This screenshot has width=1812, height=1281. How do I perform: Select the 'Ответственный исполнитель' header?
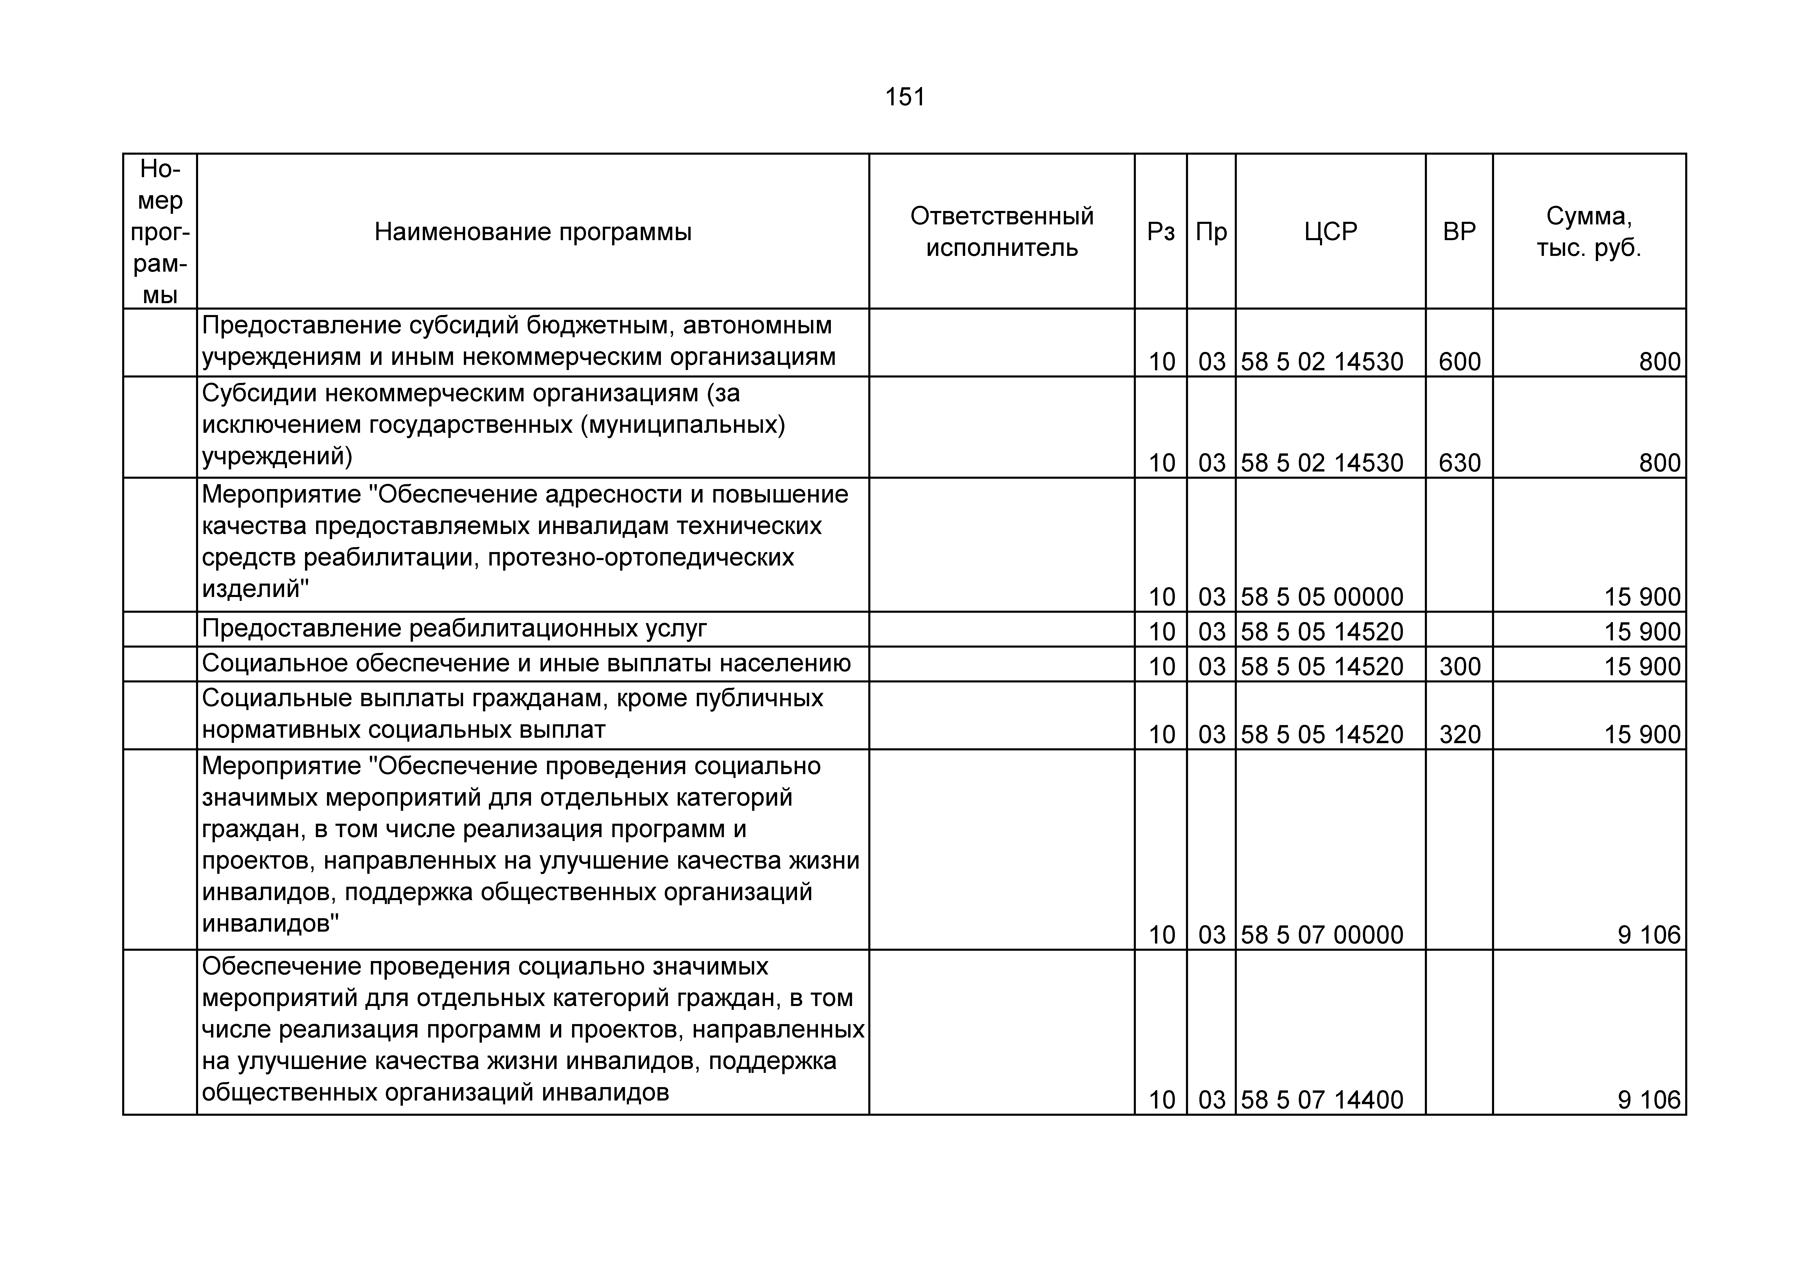(x=1002, y=232)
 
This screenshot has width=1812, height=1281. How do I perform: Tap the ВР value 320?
(x=1459, y=735)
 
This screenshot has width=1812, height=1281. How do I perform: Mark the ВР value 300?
(x=1459, y=667)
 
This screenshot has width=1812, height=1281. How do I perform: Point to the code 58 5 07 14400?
(x=1322, y=1100)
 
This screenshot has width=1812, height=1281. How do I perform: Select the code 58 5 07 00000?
(x=1322, y=935)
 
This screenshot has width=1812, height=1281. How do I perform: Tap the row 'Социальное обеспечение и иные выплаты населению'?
(x=526, y=664)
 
